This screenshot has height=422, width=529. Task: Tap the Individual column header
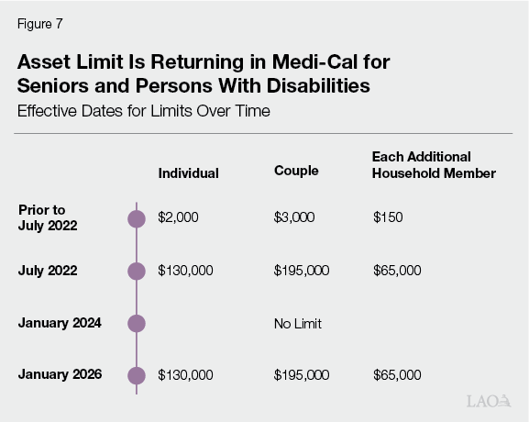(x=188, y=172)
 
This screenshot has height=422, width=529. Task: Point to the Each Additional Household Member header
(x=434, y=165)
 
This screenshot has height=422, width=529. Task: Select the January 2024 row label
(x=60, y=323)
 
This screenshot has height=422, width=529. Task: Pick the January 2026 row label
(x=60, y=374)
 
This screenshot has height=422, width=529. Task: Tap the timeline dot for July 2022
(x=137, y=271)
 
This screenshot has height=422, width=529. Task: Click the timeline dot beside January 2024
(x=137, y=323)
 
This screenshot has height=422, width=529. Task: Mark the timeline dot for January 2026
(x=137, y=375)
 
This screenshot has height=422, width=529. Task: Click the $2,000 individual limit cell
(x=178, y=217)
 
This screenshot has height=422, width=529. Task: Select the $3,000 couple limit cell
(x=294, y=217)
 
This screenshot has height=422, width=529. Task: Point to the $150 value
(x=387, y=217)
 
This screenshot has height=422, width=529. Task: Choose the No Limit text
(x=298, y=324)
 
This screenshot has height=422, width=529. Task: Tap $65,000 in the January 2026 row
(x=397, y=375)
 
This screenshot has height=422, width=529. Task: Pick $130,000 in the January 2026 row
(x=185, y=375)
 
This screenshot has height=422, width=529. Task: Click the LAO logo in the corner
(x=488, y=403)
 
